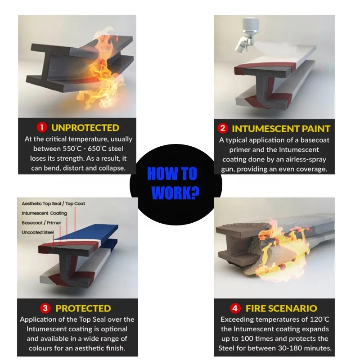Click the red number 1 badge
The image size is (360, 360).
click(41, 128)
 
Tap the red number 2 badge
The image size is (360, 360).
click(222, 128)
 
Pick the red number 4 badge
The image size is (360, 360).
click(234, 309)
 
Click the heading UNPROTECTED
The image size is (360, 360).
click(85, 128)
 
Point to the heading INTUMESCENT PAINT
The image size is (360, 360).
click(280, 128)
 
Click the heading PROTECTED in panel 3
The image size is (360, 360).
click(83, 308)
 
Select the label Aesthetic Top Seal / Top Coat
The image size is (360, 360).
click(53, 204)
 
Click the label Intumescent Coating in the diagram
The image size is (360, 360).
click(44, 213)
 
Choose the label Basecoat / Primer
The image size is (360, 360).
click(41, 223)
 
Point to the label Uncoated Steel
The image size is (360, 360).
click(37, 232)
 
